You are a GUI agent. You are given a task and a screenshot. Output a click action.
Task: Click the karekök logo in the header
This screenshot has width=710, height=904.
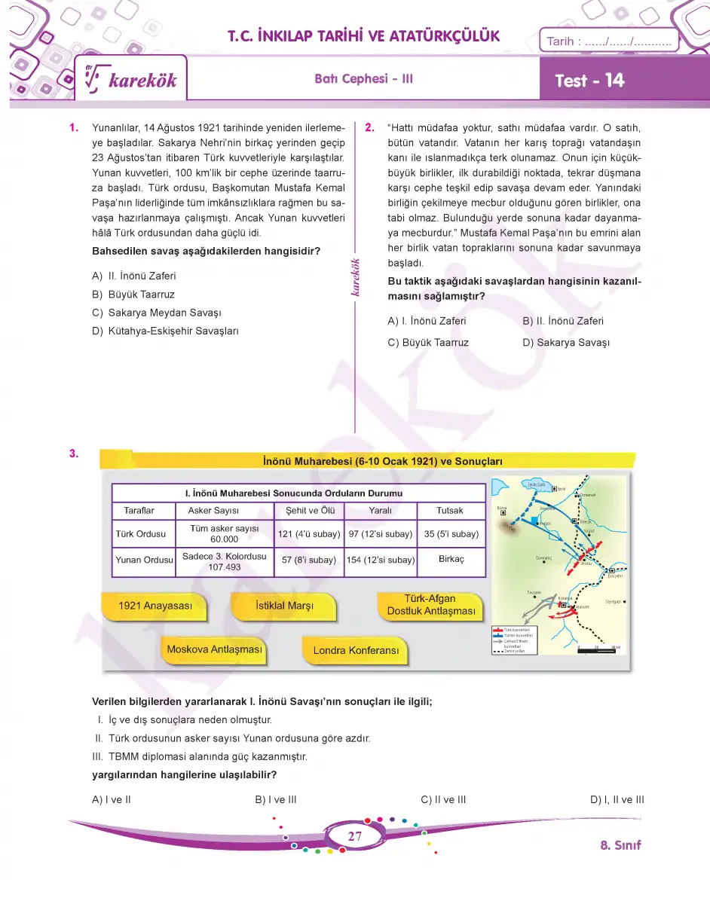click(133, 80)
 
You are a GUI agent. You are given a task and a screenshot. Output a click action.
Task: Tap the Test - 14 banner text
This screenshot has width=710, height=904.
click(589, 81)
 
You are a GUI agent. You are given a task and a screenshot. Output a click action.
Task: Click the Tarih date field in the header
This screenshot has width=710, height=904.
click(608, 41)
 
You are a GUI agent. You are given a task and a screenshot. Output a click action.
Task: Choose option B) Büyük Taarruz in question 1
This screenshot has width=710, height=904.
click(133, 295)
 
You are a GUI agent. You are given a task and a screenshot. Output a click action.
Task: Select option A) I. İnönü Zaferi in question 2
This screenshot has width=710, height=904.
click(427, 321)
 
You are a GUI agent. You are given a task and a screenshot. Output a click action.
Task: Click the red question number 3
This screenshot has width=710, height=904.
click(73, 454)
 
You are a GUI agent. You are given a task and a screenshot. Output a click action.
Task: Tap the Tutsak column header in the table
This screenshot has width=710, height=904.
click(450, 510)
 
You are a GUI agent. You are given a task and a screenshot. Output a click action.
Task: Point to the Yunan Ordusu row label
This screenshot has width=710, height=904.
click(144, 560)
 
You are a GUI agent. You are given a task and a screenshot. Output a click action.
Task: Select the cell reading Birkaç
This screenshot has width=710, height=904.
click(451, 560)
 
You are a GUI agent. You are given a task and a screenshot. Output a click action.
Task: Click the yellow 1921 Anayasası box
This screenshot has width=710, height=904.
click(156, 606)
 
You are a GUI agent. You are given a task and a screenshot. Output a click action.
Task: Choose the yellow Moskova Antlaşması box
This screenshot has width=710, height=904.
click(214, 649)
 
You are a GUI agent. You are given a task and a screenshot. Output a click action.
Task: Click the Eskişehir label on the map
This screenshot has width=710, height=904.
click(614, 576)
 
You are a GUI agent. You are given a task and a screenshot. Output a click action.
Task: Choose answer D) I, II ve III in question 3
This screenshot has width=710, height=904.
click(617, 800)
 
